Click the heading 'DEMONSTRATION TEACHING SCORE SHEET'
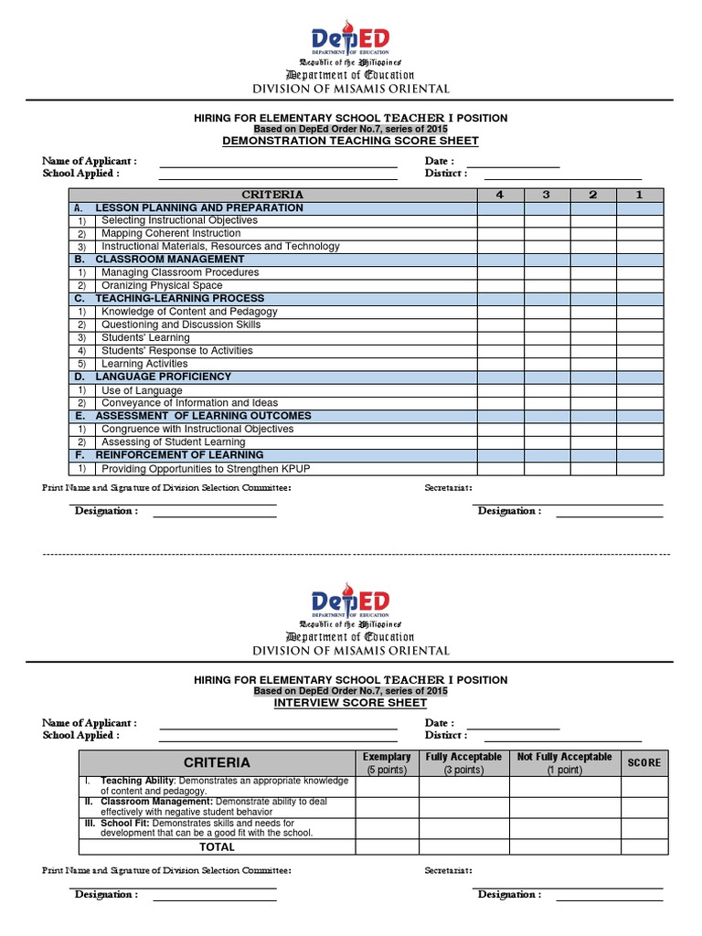pyautogui.click(x=350, y=141)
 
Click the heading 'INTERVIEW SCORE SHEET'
pyautogui.click(x=350, y=703)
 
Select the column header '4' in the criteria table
pyautogui.click(x=500, y=195)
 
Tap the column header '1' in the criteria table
pyautogui.click(x=640, y=195)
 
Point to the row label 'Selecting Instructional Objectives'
pyautogui.click(x=179, y=220)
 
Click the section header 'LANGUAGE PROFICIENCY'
pyautogui.click(x=163, y=377)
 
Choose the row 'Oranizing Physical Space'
pyautogui.click(x=162, y=285)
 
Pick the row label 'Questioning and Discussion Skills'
pyautogui.click(x=181, y=324)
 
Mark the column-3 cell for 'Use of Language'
pyautogui.click(x=547, y=390)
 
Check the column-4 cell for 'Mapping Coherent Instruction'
pyautogui.click(x=500, y=233)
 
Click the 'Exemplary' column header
pyautogui.click(x=387, y=757)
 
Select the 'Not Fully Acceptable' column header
pyautogui.click(x=564, y=757)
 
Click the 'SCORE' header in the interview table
pyautogui.click(x=643, y=762)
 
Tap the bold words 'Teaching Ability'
pyautogui.click(x=137, y=781)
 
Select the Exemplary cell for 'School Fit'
pyautogui.click(x=387, y=828)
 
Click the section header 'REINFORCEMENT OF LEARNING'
pyautogui.click(x=179, y=455)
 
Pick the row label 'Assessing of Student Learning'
pyautogui.click(x=173, y=442)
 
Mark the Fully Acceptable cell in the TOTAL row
pyautogui.click(x=463, y=847)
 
